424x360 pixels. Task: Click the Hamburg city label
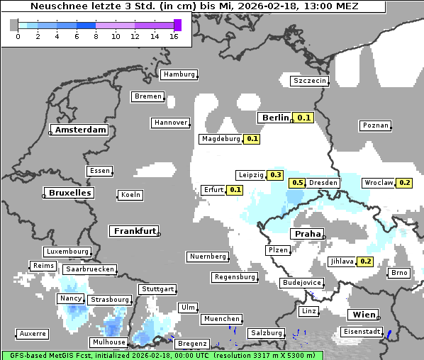click(178, 74)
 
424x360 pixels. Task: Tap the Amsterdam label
click(81, 130)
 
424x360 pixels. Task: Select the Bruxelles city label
click(69, 193)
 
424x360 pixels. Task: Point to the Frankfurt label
click(134, 231)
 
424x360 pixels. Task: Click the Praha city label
click(308, 234)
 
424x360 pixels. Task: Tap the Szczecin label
click(310, 81)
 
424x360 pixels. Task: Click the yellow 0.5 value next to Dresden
click(297, 183)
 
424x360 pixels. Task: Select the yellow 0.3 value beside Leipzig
click(276, 175)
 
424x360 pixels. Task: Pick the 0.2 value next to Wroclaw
click(405, 183)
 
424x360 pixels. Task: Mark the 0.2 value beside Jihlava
click(366, 261)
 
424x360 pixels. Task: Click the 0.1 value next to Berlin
click(304, 118)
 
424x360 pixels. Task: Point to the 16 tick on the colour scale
click(173, 36)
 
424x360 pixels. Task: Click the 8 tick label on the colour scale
click(96, 36)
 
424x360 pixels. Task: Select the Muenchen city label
click(221, 319)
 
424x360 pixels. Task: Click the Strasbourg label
click(110, 300)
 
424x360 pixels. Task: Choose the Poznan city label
click(375, 125)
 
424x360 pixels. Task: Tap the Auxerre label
click(33, 333)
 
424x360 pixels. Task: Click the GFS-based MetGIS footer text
click(50, 355)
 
